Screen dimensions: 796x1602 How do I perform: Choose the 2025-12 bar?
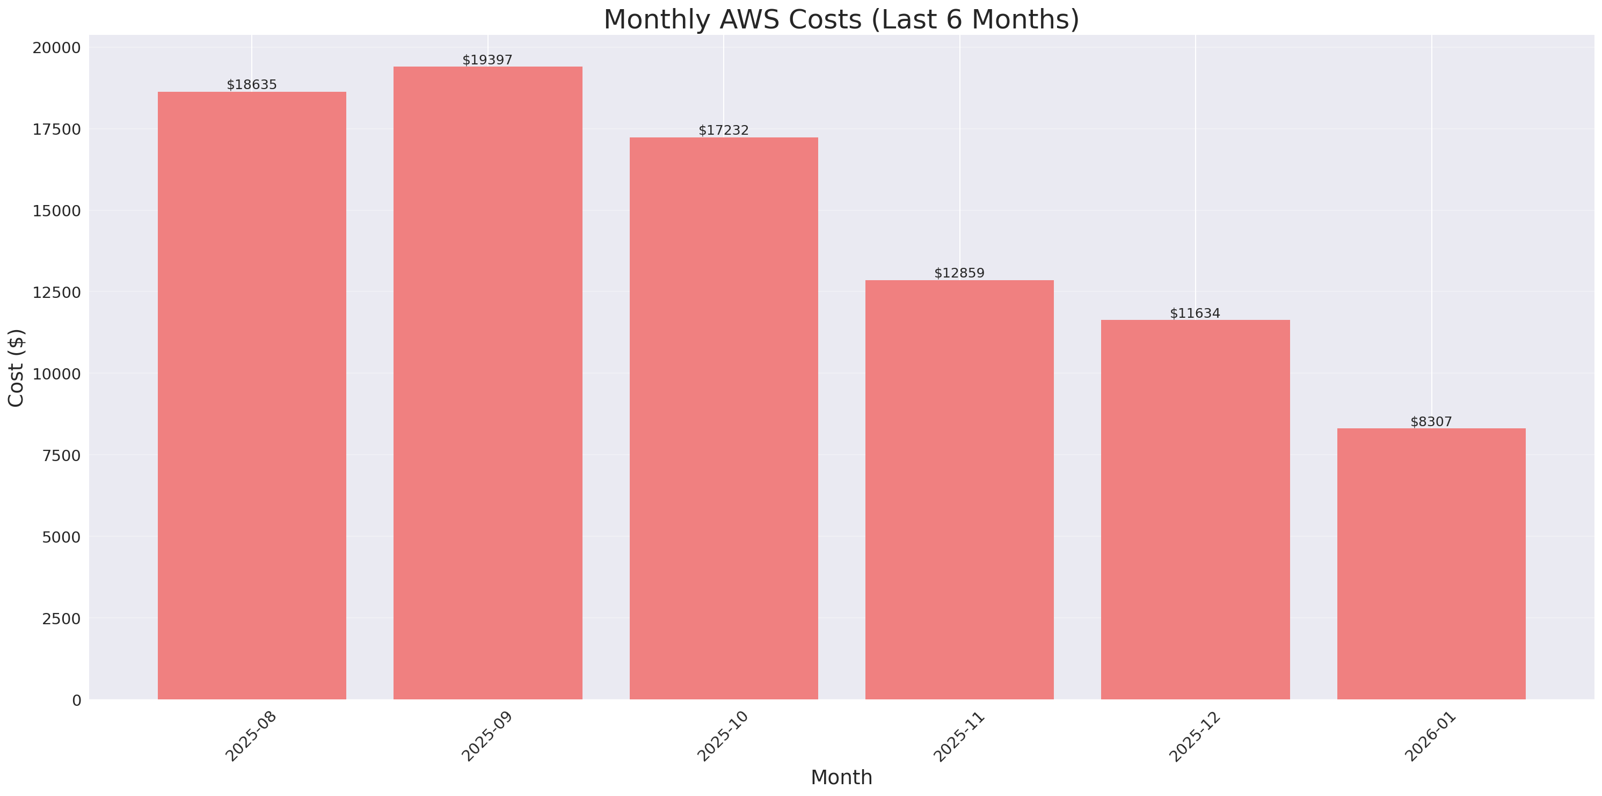click(1195, 509)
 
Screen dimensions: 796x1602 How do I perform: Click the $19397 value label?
click(487, 60)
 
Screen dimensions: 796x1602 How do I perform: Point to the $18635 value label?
click(252, 85)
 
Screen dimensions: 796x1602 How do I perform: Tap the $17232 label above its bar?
click(723, 130)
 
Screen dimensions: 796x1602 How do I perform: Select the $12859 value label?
click(959, 274)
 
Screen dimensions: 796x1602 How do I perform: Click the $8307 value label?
click(1431, 422)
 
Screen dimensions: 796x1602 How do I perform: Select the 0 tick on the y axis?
click(76, 701)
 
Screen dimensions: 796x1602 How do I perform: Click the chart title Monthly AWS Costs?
click(841, 19)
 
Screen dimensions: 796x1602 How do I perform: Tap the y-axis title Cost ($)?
click(16, 368)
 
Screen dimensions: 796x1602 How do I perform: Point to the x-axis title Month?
click(841, 777)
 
